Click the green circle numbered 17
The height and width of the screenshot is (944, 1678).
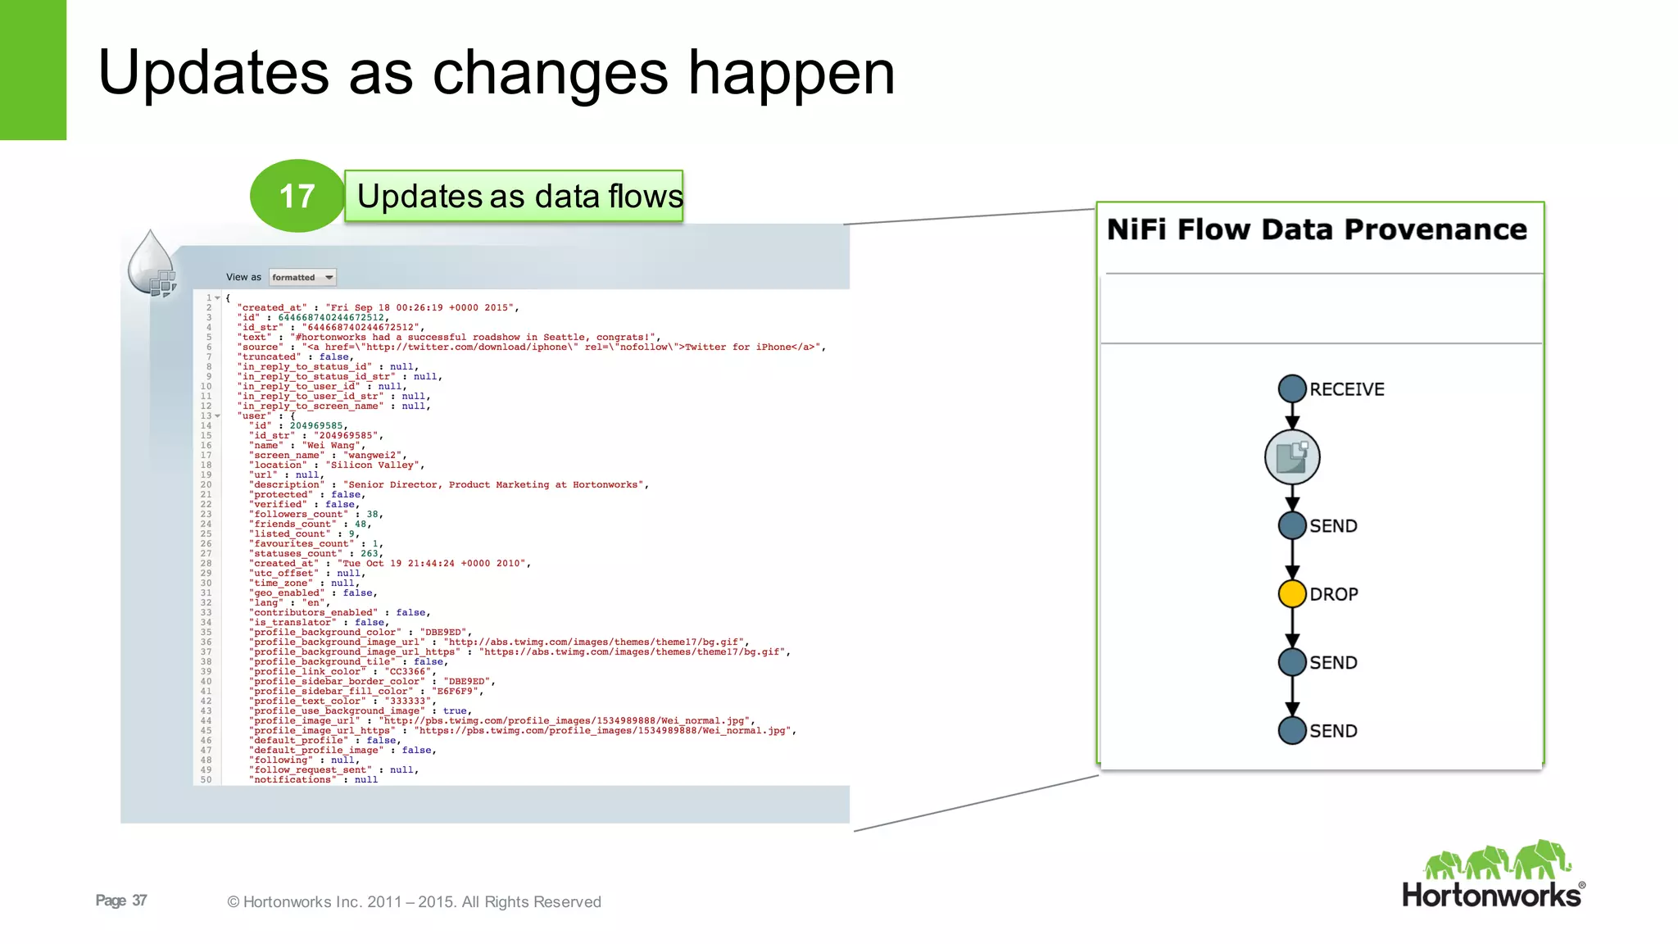pos(297,196)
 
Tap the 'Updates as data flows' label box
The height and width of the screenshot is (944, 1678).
pos(515,197)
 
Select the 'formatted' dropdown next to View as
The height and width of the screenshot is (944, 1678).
pos(302,277)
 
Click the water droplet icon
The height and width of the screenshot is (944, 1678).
pos(151,261)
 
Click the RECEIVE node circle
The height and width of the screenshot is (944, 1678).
pos(1292,388)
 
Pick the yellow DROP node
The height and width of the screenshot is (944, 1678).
pos(1292,593)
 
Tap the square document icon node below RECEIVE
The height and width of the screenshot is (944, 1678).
pos(1292,456)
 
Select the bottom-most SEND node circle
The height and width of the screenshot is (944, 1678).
pos(1292,730)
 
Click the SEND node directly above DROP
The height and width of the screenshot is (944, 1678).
pos(1292,525)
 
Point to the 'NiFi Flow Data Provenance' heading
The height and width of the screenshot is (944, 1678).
pos(1317,229)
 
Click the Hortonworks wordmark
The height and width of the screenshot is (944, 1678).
pos(1490,895)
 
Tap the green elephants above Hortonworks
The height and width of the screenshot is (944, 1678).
pos(1496,860)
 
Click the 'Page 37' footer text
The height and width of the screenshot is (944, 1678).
pos(121,901)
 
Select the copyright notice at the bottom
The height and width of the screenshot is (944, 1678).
pos(414,901)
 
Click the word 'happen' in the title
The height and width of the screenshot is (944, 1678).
pos(791,74)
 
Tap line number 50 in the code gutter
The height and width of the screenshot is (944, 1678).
pos(206,779)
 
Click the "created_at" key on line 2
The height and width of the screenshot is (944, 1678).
pos(272,307)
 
